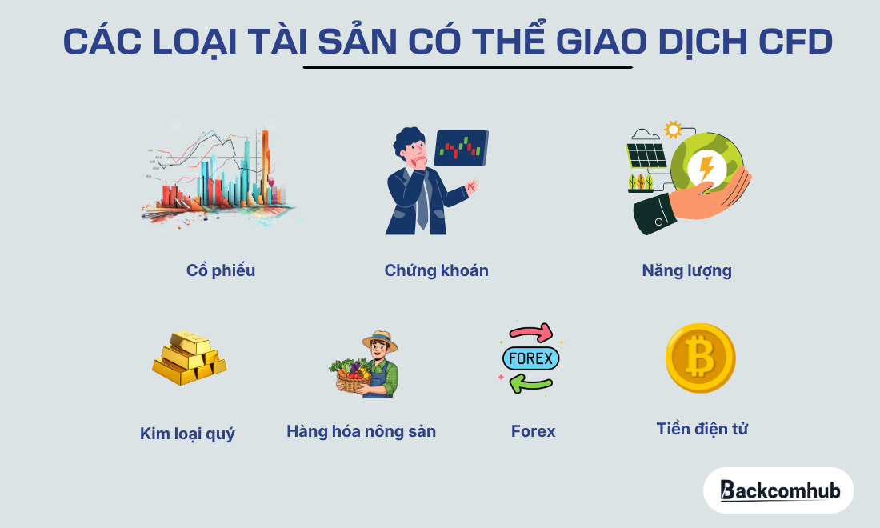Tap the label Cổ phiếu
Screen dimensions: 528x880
[221, 270]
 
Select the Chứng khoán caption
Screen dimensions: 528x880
[436, 270]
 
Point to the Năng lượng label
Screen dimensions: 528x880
[686, 270]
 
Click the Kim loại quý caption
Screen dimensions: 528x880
[187, 434]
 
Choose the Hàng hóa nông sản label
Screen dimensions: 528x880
[361, 432]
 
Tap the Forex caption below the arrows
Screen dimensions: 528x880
[533, 432]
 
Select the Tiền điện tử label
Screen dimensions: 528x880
[702, 429]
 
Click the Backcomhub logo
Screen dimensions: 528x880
[778, 490]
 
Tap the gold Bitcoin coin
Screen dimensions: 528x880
[700, 358]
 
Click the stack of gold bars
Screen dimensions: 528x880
[188, 359]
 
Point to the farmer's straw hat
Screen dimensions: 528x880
[380, 340]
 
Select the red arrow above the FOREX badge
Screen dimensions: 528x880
[531, 332]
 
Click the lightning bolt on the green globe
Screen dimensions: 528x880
[706, 169]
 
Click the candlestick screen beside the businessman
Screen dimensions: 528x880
[460, 147]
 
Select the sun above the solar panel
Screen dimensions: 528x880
[672, 129]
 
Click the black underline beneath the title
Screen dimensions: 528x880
[468, 67]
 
